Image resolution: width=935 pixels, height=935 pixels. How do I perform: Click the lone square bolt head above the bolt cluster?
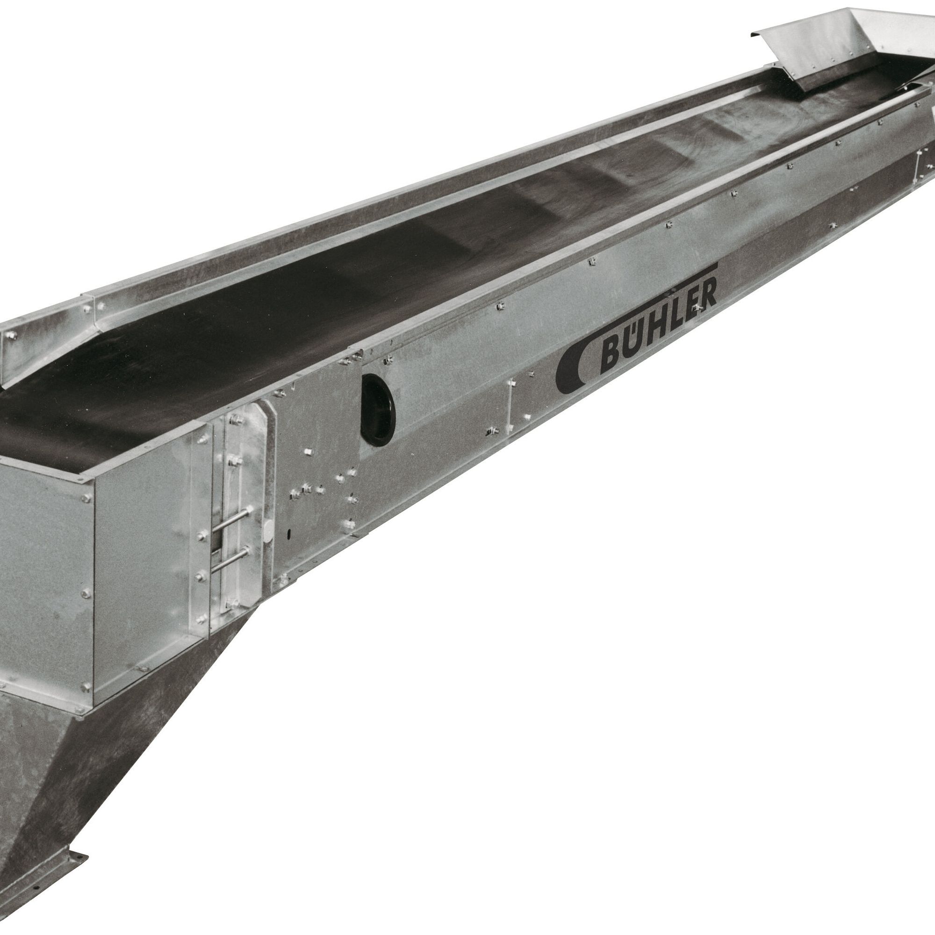pyautogui.click(x=307, y=453)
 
